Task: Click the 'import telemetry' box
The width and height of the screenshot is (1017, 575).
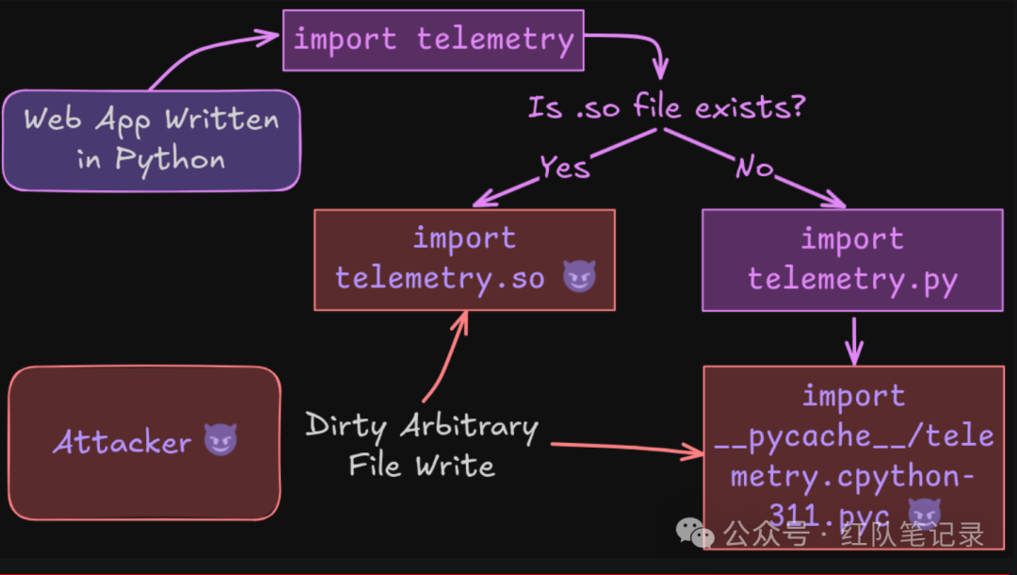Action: pyautogui.click(x=433, y=40)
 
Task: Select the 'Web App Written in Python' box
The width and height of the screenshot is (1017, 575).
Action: pyautogui.click(x=151, y=140)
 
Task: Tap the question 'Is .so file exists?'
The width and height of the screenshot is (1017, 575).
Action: pyautogui.click(x=666, y=107)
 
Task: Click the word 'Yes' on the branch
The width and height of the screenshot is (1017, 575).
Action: pyautogui.click(x=564, y=167)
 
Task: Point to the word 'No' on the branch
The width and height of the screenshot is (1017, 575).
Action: pyautogui.click(x=753, y=168)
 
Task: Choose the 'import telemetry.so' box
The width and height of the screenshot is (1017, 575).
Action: pyautogui.click(x=464, y=259)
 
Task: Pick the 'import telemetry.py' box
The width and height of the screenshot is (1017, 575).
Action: pyautogui.click(x=852, y=259)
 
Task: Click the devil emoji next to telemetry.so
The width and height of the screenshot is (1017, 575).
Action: pyautogui.click(x=578, y=277)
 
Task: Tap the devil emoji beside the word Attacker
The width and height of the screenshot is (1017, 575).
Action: pyautogui.click(x=221, y=439)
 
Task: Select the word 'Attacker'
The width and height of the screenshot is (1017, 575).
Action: pyautogui.click(x=122, y=441)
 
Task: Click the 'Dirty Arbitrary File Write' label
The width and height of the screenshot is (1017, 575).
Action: pyautogui.click(x=421, y=445)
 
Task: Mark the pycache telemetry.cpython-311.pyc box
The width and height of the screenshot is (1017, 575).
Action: pyautogui.click(x=852, y=452)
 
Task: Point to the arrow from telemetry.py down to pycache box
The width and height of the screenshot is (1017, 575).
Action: pyautogui.click(x=853, y=341)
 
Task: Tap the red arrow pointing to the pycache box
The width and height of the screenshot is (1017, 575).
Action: pyautogui.click(x=626, y=449)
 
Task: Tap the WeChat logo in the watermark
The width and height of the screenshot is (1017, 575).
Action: pyautogui.click(x=702, y=535)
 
